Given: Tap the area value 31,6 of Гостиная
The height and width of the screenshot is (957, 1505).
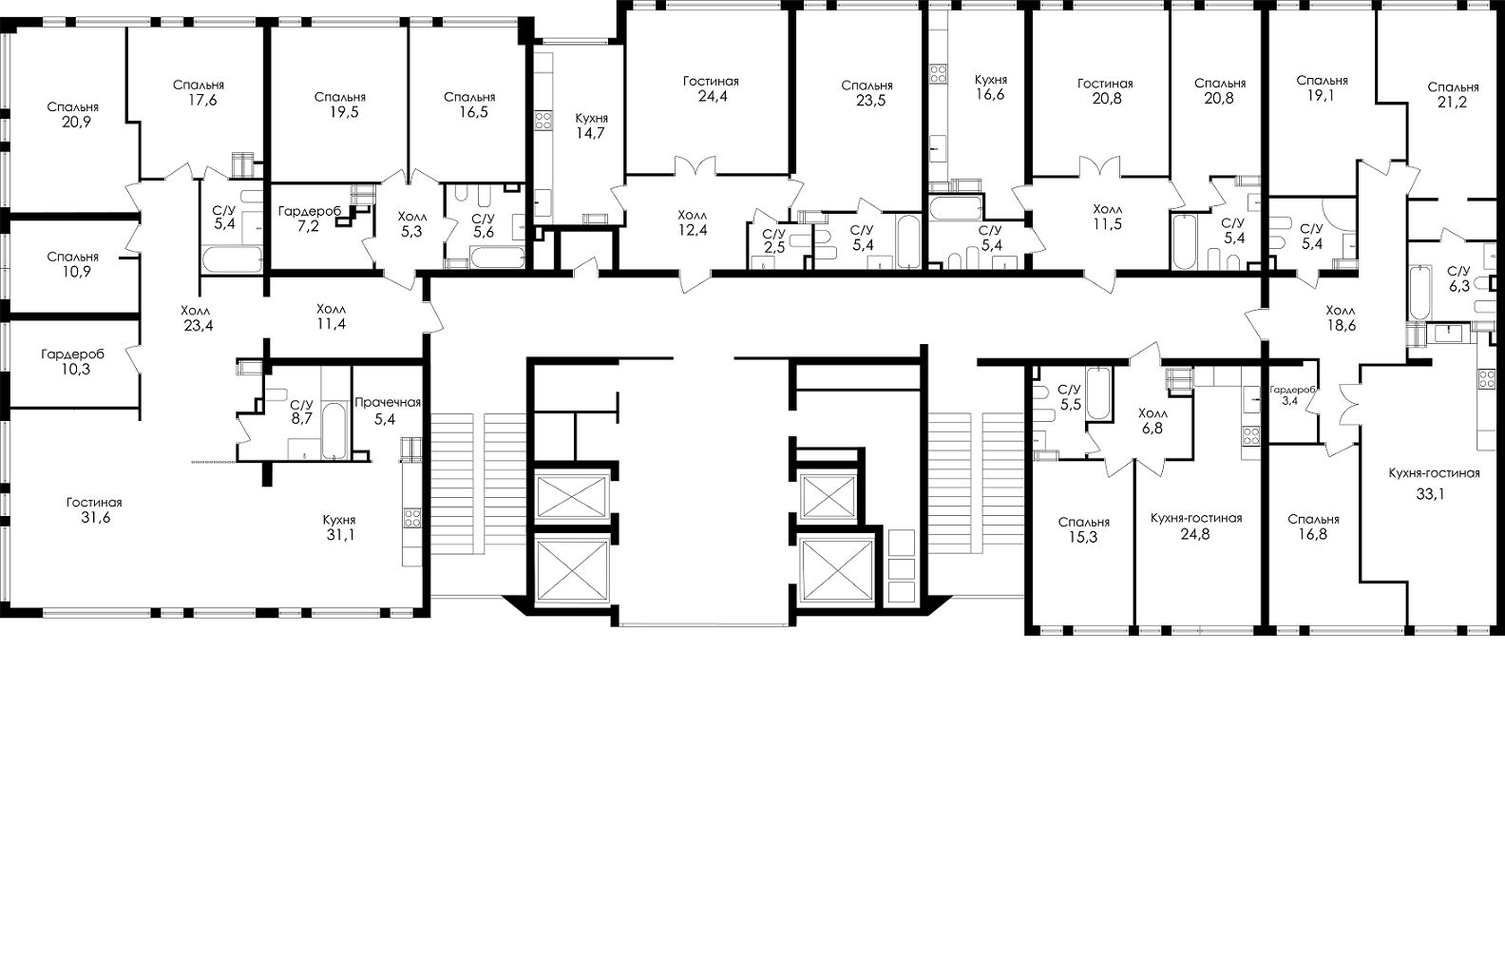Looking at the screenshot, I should [x=94, y=518].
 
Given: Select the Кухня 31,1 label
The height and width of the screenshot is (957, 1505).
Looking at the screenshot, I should [x=338, y=527].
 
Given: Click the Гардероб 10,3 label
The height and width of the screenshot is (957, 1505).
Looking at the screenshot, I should [x=72, y=361].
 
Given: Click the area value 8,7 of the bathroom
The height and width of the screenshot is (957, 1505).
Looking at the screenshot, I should [x=302, y=417].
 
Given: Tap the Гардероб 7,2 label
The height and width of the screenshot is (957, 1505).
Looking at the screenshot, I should [x=309, y=218].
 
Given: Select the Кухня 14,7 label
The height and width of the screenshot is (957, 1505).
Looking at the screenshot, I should [x=591, y=125].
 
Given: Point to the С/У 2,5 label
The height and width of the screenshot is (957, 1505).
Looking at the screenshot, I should [x=774, y=241].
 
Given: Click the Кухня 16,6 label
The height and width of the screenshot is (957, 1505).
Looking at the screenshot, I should [x=990, y=87].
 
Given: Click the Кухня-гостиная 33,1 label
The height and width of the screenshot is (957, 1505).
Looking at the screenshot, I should [x=1434, y=483].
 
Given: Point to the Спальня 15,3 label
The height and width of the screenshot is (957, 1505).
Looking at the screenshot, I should [x=1083, y=529].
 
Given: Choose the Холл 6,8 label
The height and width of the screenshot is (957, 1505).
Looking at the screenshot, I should [x=1153, y=421].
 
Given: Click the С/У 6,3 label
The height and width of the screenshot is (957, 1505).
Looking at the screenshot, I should [x=1457, y=277].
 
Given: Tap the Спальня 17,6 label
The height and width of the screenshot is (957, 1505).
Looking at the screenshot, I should [x=199, y=93].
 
